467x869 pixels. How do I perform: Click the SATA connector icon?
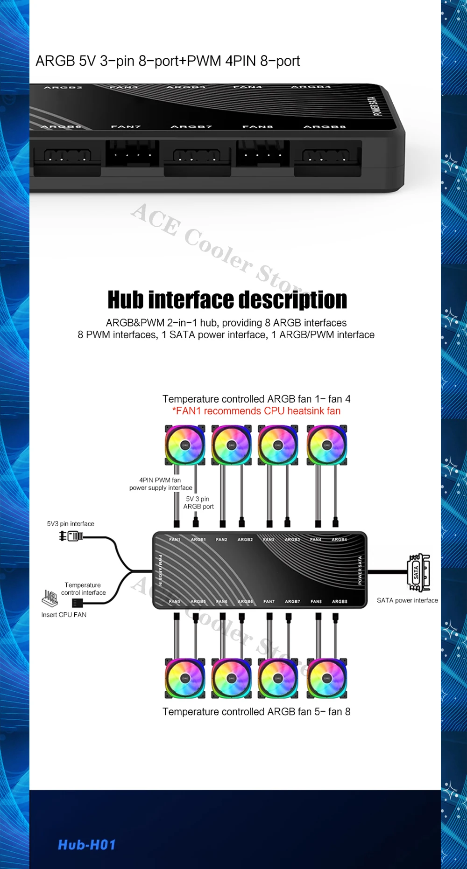[419, 572]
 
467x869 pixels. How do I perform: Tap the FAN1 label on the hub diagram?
[175, 540]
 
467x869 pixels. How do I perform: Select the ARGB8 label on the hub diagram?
[340, 602]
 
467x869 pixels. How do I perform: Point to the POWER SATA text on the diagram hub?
[360, 570]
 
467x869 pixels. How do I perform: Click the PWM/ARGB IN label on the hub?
[160, 570]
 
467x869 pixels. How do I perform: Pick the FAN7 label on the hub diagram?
[269, 602]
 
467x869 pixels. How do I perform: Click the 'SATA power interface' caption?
[407, 600]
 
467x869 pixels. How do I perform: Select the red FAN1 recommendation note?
[256, 411]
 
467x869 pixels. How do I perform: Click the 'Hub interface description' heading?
[227, 300]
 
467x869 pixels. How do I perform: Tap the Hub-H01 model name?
[87, 845]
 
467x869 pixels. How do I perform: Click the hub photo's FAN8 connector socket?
[262, 153]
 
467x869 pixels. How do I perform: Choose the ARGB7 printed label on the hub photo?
[191, 127]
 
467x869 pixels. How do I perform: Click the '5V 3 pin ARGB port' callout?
[198, 503]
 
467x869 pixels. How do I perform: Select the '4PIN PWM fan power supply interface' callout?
[161, 484]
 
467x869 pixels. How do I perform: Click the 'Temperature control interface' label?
[83, 589]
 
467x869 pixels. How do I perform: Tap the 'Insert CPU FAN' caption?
[64, 615]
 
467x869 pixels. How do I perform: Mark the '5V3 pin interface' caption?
[71, 524]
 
